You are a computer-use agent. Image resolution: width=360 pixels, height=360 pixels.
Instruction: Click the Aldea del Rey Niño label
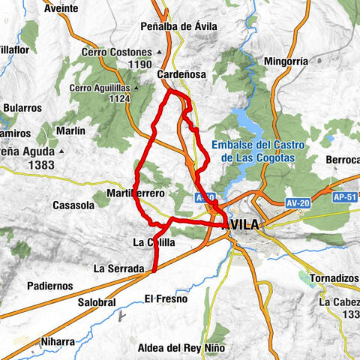pos(178,347)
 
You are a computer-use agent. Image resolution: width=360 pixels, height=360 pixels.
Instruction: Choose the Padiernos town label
pos(49,286)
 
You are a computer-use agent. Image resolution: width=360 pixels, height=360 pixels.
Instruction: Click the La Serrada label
pos(118,268)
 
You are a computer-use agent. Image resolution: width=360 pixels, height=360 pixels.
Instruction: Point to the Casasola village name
pos(73,205)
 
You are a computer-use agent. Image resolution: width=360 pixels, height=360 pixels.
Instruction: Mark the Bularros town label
pos(22,107)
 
